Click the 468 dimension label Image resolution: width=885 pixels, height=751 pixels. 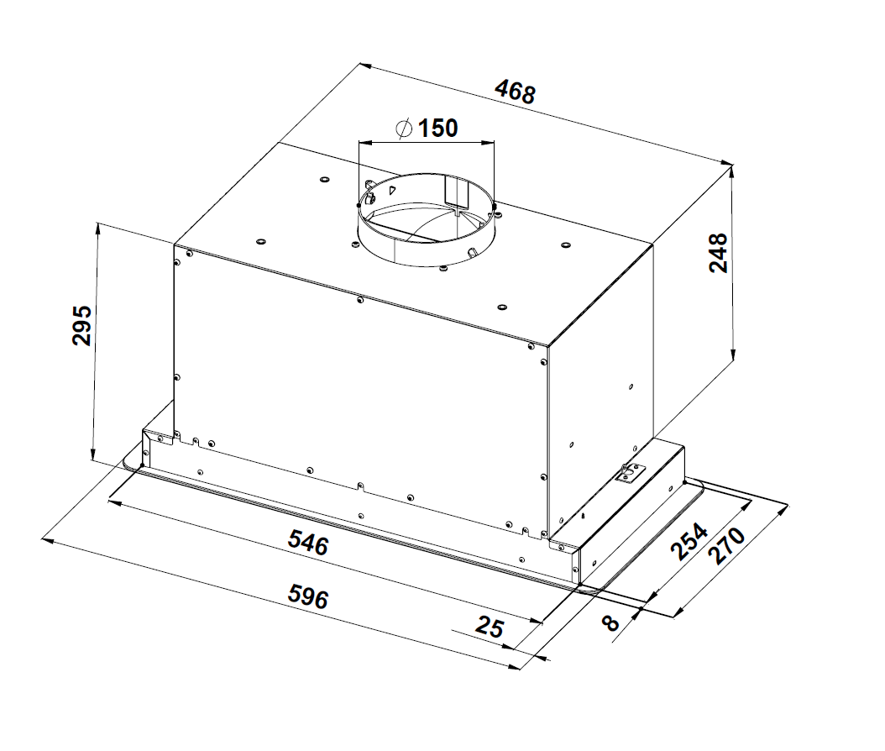[515, 92]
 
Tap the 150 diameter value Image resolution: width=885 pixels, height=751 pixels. [437, 129]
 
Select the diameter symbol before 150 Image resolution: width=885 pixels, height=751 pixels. [404, 129]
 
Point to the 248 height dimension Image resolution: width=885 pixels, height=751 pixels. [718, 253]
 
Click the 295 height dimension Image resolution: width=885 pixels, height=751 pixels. [81, 325]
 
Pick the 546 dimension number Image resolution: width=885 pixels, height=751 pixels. [308, 544]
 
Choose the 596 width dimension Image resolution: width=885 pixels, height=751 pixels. [308, 596]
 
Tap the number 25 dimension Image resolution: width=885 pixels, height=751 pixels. [490, 627]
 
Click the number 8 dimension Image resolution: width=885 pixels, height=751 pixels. [610, 623]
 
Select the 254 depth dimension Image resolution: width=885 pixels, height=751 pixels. [689, 542]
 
